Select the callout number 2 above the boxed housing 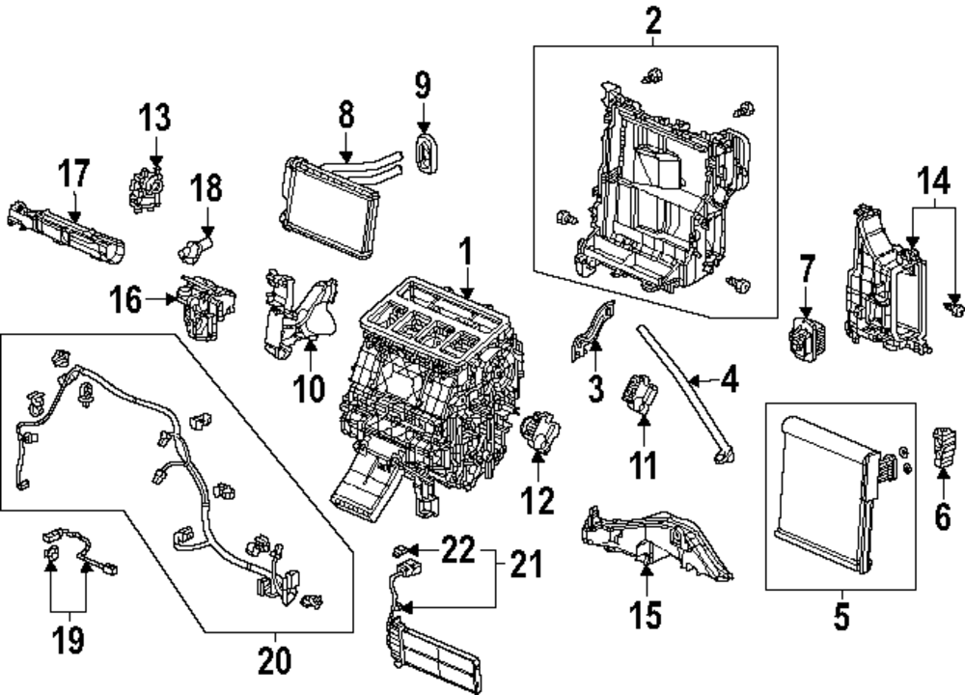tap(653, 19)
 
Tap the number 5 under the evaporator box tap(841, 615)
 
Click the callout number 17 tap(74, 174)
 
